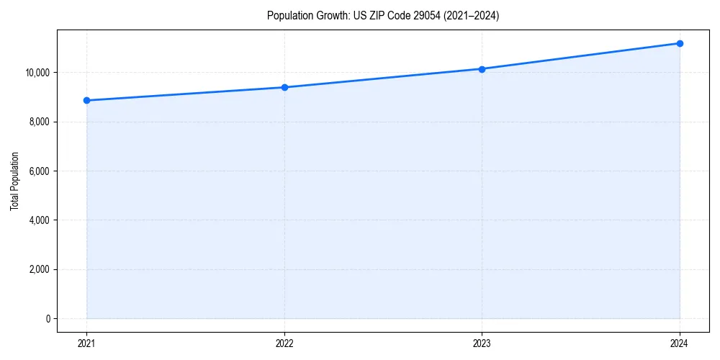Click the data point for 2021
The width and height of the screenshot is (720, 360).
pos(86,100)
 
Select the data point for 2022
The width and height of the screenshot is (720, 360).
pos(284,87)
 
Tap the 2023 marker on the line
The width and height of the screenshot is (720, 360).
pos(482,69)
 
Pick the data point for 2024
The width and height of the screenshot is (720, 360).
pos(680,43)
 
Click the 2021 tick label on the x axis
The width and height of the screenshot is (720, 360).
pos(86,343)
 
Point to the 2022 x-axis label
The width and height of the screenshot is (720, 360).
pos(284,343)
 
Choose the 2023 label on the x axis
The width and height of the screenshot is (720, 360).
pos(482,343)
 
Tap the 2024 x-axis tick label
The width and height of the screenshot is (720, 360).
pos(680,343)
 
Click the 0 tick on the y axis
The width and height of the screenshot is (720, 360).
pos(48,318)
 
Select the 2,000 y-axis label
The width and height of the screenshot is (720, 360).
pos(40,269)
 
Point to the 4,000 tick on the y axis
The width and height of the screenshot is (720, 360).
pos(40,220)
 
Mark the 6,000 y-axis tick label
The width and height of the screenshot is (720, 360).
pos(40,171)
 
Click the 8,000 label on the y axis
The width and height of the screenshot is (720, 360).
pos(40,122)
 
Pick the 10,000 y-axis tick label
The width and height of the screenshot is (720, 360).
pos(37,73)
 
